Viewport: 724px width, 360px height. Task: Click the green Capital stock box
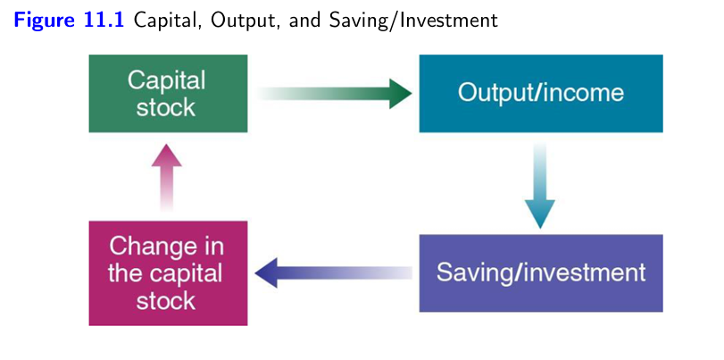click(x=168, y=94)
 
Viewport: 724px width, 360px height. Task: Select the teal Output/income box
click(x=540, y=94)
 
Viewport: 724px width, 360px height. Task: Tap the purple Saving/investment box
click(x=540, y=272)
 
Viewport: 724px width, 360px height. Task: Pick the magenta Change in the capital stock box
click(x=168, y=272)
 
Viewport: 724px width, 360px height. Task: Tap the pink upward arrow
click(x=166, y=179)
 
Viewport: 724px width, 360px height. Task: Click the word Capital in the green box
click(x=166, y=80)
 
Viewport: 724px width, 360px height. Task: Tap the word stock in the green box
click(x=166, y=108)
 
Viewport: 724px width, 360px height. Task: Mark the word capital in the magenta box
click(x=184, y=273)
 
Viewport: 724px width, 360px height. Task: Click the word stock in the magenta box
click(x=166, y=300)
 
